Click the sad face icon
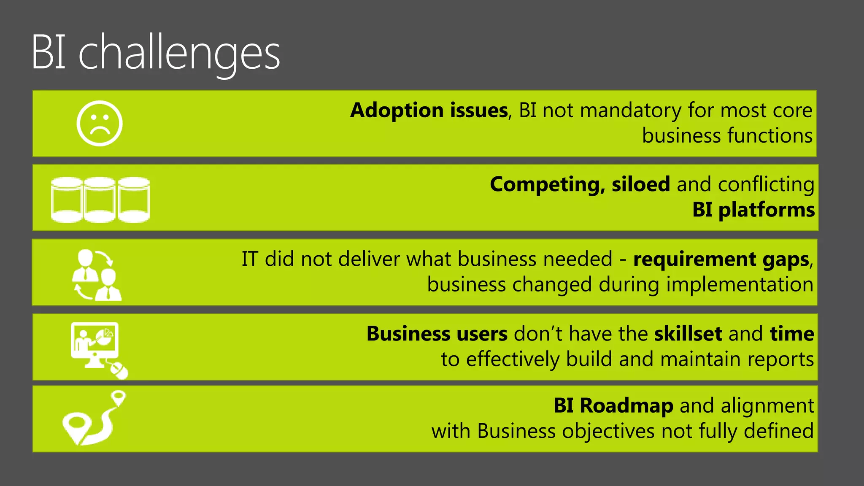pyautogui.click(x=100, y=124)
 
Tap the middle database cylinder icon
pyautogui.click(x=100, y=200)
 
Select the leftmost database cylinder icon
pyautogui.click(x=66, y=200)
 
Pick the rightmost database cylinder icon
pyautogui.click(x=134, y=200)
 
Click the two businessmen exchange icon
pyautogui.click(x=97, y=275)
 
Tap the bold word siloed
pyautogui.click(x=640, y=185)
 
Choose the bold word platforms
pyautogui.click(x=766, y=210)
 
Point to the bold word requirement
pyautogui.click(x=694, y=259)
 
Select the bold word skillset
pyautogui.click(x=688, y=334)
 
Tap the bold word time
pyautogui.click(x=792, y=334)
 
